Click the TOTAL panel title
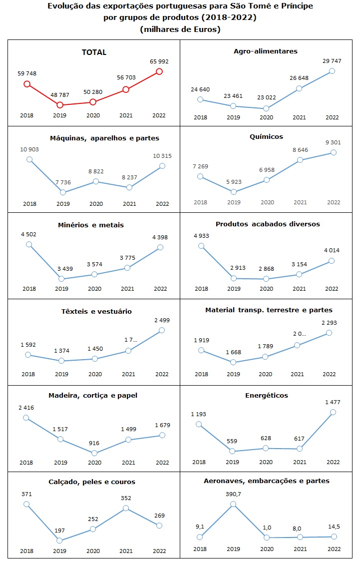tap(94, 52)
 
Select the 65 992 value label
tap(159, 61)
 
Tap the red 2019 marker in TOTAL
tap(60, 105)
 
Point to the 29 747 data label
tap(332, 60)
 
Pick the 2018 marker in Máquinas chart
tap(29, 159)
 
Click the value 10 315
tap(161, 156)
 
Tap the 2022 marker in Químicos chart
tap(334, 152)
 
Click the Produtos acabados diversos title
tap(268, 224)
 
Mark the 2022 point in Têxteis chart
tap(161, 330)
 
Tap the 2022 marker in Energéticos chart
tap(333, 412)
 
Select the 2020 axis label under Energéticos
tap(266, 462)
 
